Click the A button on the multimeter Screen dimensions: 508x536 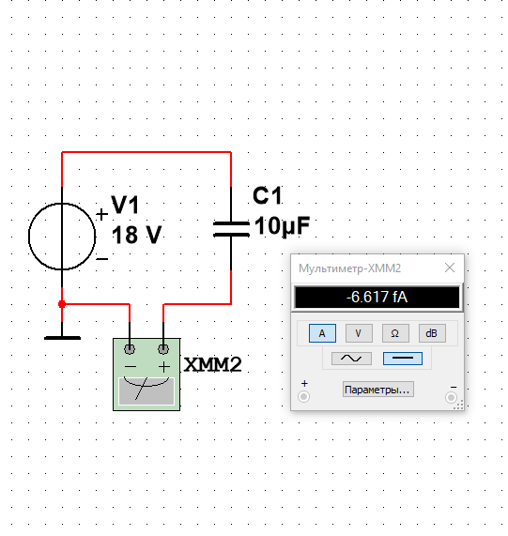pyautogui.click(x=322, y=333)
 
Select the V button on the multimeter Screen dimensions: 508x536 pyautogui.click(x=359, y=333)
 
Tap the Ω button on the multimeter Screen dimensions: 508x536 pyautogui.click(x=395, y=333)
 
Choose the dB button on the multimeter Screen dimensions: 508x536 pyautogui.click(x=432, y=333)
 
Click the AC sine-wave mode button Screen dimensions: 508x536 pyautogui.click(x=351, y=359)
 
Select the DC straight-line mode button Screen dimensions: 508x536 pyautogui.click(x=403, y=359)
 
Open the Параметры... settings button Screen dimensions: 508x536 pyautogui.click(x=378, y=390)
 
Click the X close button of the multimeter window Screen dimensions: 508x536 pyautogui.click(x=450, y=268)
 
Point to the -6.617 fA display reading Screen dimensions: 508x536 pyautogui.click(x=377, y=297)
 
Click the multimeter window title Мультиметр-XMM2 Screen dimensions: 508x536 pyautogui.click(x=349, y=268)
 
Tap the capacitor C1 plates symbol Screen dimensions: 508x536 pyautogui.click(x=231, y=229)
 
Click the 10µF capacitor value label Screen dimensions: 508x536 pyautogui.click(x=282, y=226)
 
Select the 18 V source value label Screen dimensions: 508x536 pyautogui.click(x=136, y=235)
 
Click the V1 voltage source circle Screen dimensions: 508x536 pyautogui.click(x=29, y=237)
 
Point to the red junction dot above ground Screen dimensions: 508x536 pyautogui.click(x=62, y=304)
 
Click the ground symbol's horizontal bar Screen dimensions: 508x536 pyautogui.click(x=62, y=338)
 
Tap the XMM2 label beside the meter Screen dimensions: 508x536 pyautogui.click(x=212, y=364)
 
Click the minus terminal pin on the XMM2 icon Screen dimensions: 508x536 pyautogui.click(x=130, y=349)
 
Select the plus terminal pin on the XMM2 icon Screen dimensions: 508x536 pyautogui.click(x=163, y=349)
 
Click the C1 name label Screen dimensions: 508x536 pyautogui.click(x=268, y=195)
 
